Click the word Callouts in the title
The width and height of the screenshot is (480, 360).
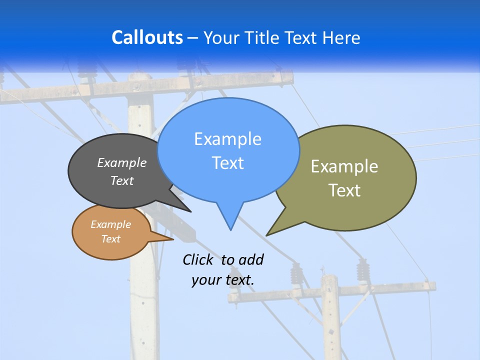(147, 37)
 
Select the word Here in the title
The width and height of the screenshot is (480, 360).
(342, 38)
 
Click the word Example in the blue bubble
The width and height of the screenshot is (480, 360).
(227, 139)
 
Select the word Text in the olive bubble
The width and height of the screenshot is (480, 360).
(344, 190)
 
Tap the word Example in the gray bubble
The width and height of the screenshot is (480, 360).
(122, 162)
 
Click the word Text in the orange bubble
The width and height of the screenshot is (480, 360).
(111, 239)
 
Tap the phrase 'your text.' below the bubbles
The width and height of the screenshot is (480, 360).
(223, 280)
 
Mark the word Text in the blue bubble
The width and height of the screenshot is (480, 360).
(228, 163)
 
